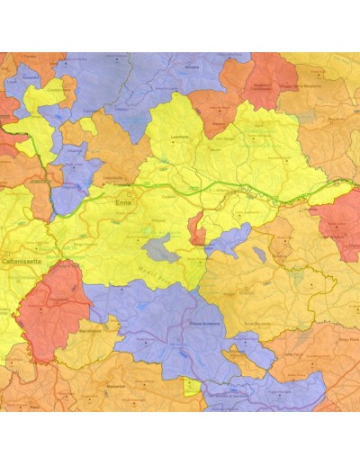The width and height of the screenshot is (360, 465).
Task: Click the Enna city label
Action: (x=123, y=204)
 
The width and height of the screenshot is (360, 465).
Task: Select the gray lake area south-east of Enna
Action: (x=156, y=246)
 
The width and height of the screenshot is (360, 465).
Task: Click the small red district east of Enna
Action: (x=195, y=228)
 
